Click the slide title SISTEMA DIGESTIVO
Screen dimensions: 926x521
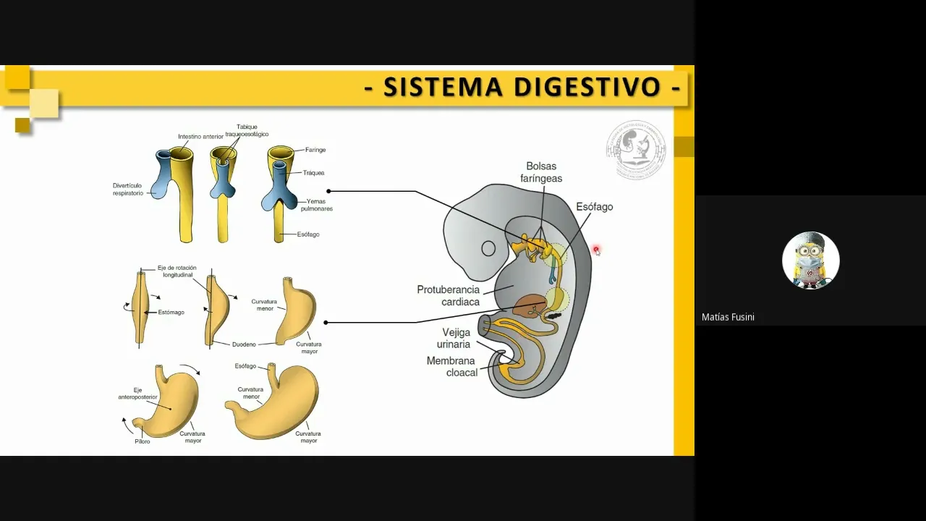point(522,87)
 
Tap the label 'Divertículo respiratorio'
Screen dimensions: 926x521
point(128,190)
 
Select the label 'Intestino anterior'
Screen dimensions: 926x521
point(200,136)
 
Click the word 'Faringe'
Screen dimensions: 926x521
point(315,150)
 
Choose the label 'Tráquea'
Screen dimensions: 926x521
point(313,173)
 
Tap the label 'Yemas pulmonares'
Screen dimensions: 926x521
point(319,205)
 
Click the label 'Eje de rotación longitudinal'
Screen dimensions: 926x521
point(177,271)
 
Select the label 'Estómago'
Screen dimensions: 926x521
point(171,313)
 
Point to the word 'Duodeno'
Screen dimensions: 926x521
point(245,344)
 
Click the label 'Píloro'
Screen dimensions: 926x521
point(142,441)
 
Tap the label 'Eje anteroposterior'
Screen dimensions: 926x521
point(137,394)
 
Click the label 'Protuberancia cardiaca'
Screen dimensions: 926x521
point(448,295)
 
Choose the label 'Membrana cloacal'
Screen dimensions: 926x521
point(451,366)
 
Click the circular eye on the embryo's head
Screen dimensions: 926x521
point(488,249)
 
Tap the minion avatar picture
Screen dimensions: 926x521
point(810,260)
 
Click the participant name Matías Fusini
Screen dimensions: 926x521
point(728,317)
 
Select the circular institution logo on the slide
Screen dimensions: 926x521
point(635,150)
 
